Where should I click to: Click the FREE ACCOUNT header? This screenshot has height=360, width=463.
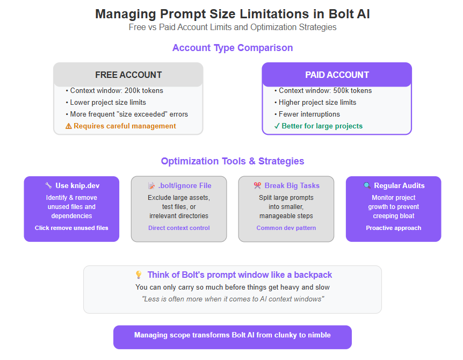(128, 75)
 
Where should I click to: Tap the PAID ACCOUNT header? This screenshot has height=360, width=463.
(337, 75)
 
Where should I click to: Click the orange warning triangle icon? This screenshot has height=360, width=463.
(68, 126)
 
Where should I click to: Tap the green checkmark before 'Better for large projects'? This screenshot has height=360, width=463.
(277, 126)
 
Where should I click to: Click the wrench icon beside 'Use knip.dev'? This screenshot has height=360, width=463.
(48, 185)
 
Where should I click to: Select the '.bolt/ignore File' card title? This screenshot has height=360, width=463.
(184, 185)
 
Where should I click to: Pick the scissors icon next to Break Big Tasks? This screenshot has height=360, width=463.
(257, 185)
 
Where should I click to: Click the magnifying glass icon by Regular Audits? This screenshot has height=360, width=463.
(367, 185)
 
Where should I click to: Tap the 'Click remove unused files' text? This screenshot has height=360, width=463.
(71, 228)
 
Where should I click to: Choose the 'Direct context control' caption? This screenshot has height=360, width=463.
(179, 228)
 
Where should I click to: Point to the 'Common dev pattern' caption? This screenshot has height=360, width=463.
(286, 228)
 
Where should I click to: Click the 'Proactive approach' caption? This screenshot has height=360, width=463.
(394, 228)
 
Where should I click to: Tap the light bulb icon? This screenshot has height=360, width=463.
(139, 275)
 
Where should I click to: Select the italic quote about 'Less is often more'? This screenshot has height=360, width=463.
(233, 299)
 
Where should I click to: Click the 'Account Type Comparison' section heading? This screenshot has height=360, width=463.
(233, 48)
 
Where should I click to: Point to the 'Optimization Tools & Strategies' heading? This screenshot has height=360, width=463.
(233, 161)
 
